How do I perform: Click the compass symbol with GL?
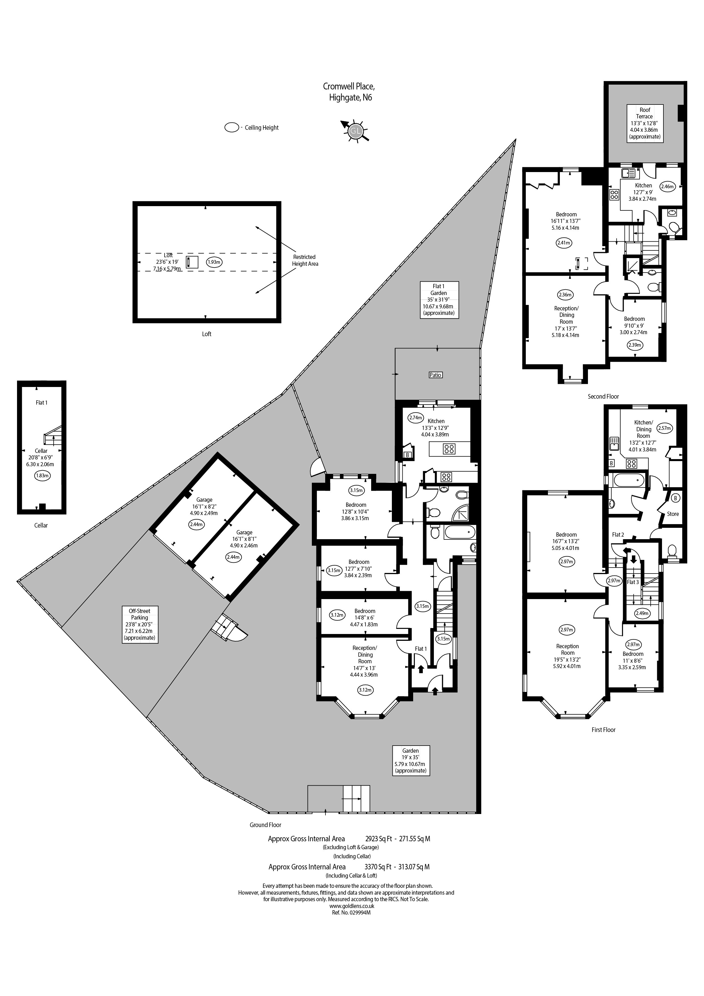pyautogui.click(x=355, y=131)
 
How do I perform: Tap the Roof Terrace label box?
pyautogui.click(x=645, y=123)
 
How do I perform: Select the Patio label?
pyautogui.click(x=435, y=375)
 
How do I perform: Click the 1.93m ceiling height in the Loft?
pyautogui.click(x=214, y=262)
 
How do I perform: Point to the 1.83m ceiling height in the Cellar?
pyautogui.click(x=42, y=476)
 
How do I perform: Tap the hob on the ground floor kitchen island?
pyautogui.click(x=449, y=449)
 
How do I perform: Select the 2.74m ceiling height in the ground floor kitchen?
pyautogui.click(x=415, y=418)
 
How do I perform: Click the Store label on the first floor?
pyautogui.click(x=673, y=514)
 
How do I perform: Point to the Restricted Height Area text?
pyautogui.click(x=305, y=260)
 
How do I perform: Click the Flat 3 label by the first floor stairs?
pyautogui.click(x=633, y=582)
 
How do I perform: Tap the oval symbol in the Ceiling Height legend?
pyautogui.click(x=232, y=127)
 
